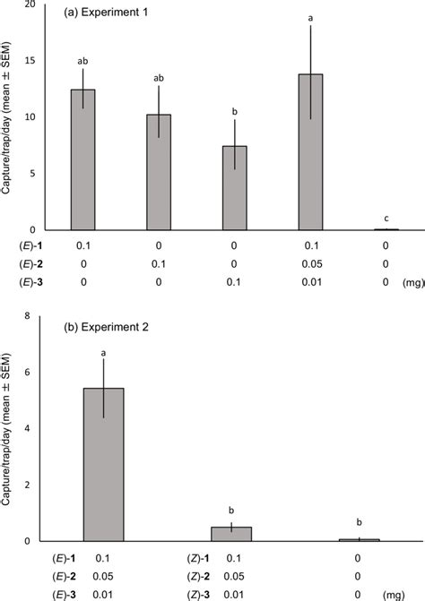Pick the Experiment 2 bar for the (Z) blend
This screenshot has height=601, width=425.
(231, 534)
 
